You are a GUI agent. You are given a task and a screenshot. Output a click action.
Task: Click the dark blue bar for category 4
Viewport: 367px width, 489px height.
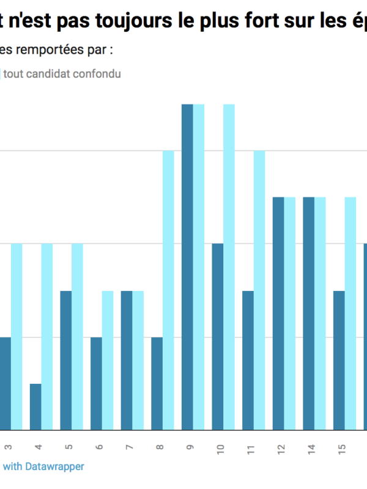(x=35, y=406)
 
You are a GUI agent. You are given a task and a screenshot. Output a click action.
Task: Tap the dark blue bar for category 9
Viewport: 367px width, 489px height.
(x=187, y=267)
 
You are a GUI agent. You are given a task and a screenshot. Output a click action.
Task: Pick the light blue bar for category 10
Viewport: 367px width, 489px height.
(x=229, y=267)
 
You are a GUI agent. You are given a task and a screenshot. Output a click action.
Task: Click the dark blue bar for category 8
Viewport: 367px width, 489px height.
(x=157, y=383)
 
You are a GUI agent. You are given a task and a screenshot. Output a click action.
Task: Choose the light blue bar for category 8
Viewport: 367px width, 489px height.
(x=168, y=290)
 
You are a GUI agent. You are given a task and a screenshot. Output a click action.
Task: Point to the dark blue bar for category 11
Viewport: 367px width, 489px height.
(x=248, y=360)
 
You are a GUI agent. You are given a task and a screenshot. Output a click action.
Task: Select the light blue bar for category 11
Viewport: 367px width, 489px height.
(x=259, y=290)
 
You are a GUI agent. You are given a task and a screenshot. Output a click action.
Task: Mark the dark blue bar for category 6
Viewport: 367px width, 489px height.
(x=96, y=383)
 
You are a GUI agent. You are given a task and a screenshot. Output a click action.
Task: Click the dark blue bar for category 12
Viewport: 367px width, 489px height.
(x=278, y=314)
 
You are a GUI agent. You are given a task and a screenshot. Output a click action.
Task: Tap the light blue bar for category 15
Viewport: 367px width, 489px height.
(x=350, y=314)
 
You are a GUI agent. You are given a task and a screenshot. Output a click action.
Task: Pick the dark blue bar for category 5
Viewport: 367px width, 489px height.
(x=66, y=360)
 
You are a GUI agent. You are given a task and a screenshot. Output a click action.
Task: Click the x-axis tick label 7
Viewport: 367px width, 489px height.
(x=128, y=447)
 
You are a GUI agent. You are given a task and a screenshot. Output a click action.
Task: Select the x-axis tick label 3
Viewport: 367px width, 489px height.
(x=7, y=447)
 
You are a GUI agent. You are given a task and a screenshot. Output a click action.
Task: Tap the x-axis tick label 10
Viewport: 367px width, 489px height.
(x=220, y=450)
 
